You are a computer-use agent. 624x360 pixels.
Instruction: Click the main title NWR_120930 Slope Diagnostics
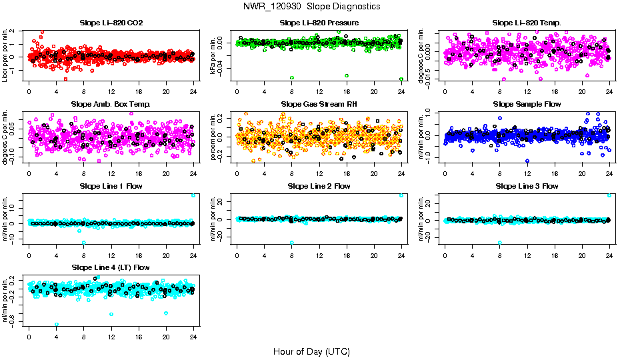[x=312, y=6]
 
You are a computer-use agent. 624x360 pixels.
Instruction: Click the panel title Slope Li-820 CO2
[x=111, y=23]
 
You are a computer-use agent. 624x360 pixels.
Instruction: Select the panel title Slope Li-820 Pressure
[x=319, y=23]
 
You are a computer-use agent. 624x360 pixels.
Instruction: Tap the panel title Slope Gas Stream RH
[x=319, y=105]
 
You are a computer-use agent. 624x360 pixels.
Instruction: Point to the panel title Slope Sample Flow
[x=527, y=105]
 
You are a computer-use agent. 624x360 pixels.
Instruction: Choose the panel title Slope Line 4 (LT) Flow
[x=111, y=267]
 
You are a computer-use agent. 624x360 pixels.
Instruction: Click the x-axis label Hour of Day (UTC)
[x=311, y=351]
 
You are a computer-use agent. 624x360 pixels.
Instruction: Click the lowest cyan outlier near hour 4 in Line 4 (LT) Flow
[x=57, y=324]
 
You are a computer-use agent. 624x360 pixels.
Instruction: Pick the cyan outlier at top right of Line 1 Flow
[x=193, y=195]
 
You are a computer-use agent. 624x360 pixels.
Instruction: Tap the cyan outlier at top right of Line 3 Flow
[x=609, y=195]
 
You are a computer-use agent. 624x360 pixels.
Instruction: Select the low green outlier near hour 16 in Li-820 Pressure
[x=347, y=76]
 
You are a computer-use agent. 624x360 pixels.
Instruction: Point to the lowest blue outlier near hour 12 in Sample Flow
[x=527, y=161]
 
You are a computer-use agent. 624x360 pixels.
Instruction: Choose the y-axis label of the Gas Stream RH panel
[x=213, y=137]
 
